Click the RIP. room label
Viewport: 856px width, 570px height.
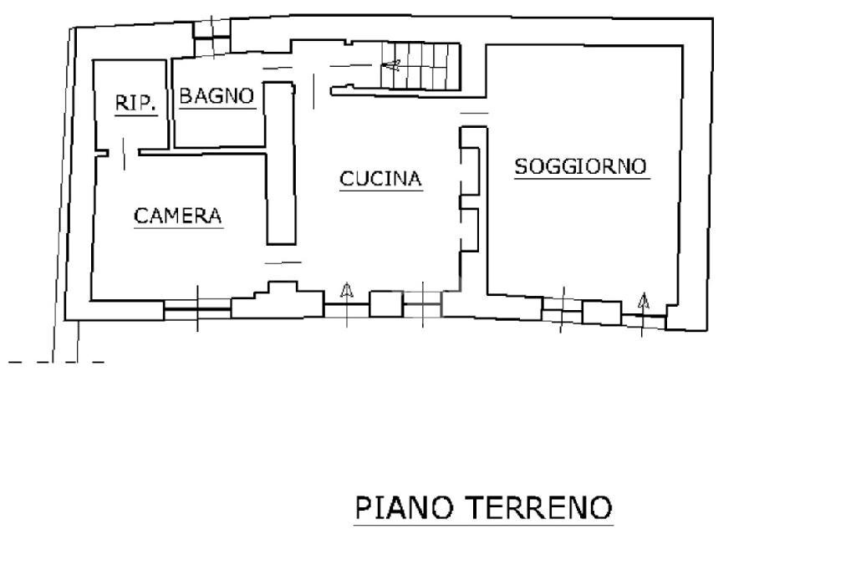point(135,103)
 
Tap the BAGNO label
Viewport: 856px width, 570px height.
point(217,95)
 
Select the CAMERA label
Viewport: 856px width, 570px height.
point(178,216)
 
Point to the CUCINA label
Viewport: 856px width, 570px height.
point(380,178)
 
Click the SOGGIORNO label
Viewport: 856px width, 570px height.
point(580,165)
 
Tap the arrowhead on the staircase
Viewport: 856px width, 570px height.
point(390,64)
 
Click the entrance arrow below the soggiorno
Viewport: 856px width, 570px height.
point(643,302)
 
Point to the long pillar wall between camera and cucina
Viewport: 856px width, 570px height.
point(280,163)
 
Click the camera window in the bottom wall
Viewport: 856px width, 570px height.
point(197,309)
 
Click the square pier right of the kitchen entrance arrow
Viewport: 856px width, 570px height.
point(385,303)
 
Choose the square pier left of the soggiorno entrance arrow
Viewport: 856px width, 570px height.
point(601,313)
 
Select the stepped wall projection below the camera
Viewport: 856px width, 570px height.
point(277,302)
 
